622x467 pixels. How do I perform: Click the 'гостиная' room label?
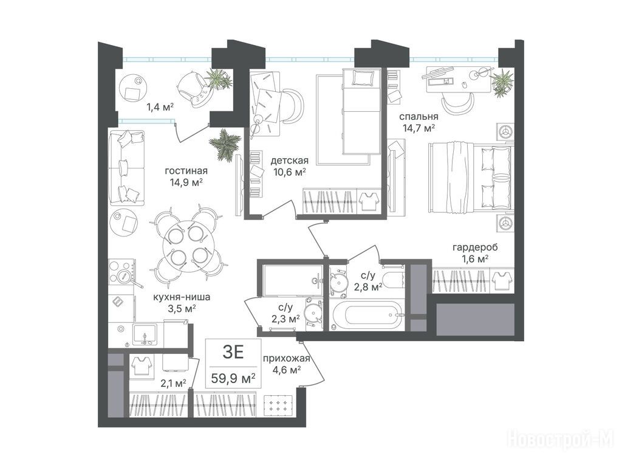[x=186, y=171]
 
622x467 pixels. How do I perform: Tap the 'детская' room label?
[x=289, y=161]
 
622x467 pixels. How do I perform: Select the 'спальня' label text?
[x=419, y=117]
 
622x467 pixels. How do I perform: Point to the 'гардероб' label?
[x=475, y=248]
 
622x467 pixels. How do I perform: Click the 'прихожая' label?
[x=286, y=359]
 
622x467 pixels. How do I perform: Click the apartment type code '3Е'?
[x=233, y=352]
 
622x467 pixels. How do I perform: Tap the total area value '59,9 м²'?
[x=233, y=378]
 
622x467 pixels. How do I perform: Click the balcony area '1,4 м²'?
[x=160, y=106]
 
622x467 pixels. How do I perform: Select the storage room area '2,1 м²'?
[x=173, y=383]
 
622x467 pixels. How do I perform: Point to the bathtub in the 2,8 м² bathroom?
[x=367, y=316]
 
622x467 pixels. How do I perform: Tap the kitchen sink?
[x=145, y=335]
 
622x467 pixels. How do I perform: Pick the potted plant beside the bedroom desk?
[x=502, y=82]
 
